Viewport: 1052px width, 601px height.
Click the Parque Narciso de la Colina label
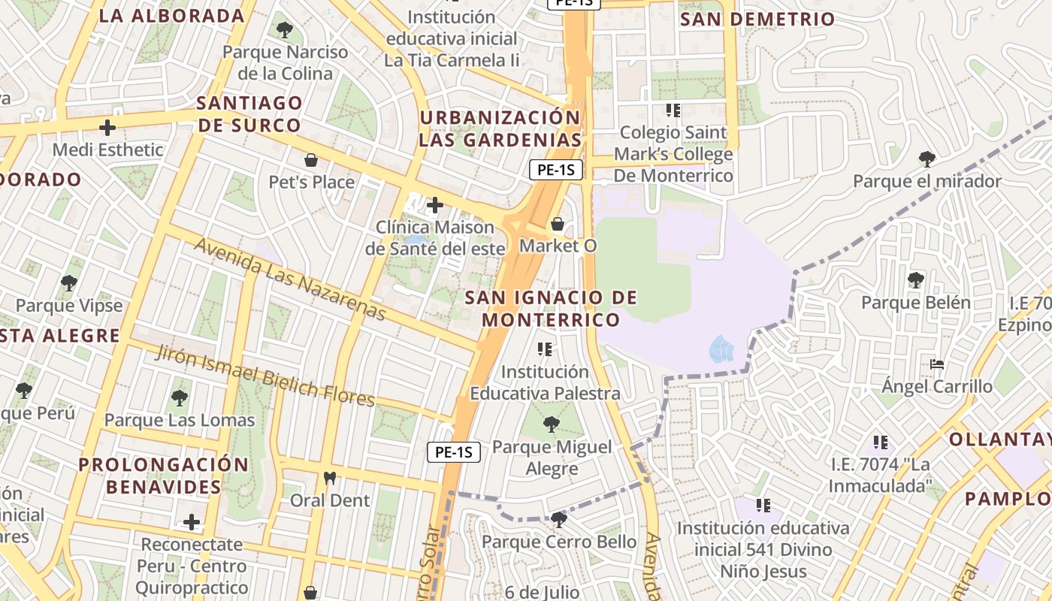pyautogui.click(x=285, y=63)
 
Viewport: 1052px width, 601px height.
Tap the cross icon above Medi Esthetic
pyautogui.click(x=107, y=127)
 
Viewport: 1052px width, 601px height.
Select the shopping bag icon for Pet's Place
pyautogui.click(x=310, y=159)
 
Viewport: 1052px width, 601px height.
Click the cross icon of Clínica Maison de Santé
pyautogui.click(x=434, y=204)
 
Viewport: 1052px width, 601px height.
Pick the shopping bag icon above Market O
pyautogui.click(x=558, y=223)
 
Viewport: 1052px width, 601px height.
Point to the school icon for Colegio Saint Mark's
pyautogui.click(x=673, y=110)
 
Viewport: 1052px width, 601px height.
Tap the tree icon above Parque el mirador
pyautogui.click(x=927, y=159)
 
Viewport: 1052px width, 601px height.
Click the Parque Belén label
pyautogui.click(x=915, y=303)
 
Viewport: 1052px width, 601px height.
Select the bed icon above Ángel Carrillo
pyautogui.click(x=936, y=364)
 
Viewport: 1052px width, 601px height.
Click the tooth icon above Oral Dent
pyautogui.click(x=329, y=478)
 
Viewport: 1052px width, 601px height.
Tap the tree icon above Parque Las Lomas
pyautogui.click(x=179, y=397)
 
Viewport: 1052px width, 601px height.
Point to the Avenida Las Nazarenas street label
pyautogui.click(x=290, y=279)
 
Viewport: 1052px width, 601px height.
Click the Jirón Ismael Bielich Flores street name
pyautogui.click(x=265, y=376)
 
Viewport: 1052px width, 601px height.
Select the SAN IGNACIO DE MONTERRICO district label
pyautogui.click(x=551, y=309)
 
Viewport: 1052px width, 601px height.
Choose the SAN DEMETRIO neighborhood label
pyautogui.click(x=757, y=20)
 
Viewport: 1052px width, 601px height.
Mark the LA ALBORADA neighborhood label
pyautogui.click(x=171, y=16)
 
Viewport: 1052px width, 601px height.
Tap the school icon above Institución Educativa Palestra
pyautogui.click(x=545, y=349)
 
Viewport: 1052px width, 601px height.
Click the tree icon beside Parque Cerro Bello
pyautogui.click(x=558, y=519)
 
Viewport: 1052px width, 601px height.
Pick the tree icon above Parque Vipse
pyautogui.click(x=69, y=283)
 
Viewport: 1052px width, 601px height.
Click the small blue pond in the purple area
pyautogui.click(x=721, y=349)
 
